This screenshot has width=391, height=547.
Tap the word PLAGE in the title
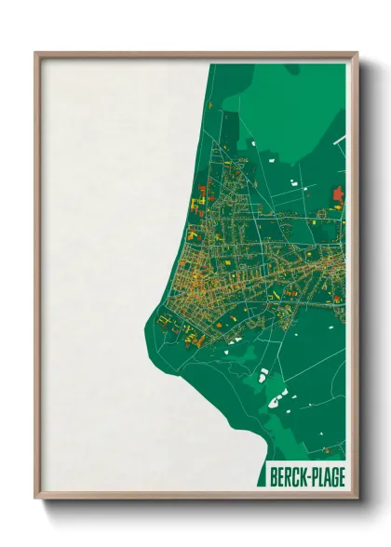(327, 477)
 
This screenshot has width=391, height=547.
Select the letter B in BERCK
(273, 477)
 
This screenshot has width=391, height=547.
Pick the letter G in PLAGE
(332, 477)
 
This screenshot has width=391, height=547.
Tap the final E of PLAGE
(341, 477)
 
